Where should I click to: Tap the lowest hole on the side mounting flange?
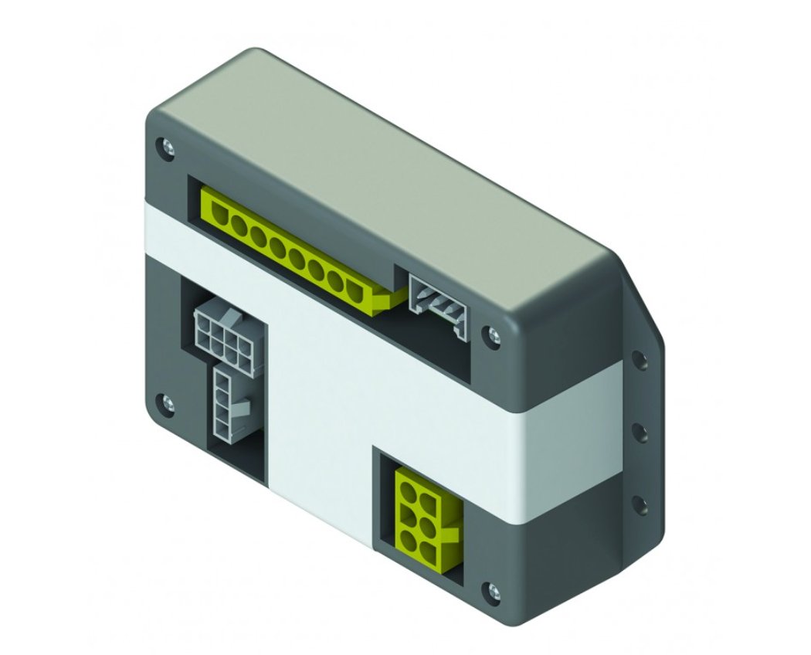(x=640, y=503)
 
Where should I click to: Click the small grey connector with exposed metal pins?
(x=438, y=302)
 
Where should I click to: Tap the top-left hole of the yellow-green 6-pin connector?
(x=407, y=487)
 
